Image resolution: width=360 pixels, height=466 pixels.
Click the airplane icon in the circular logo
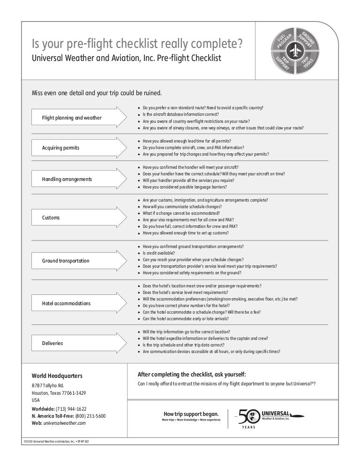294,50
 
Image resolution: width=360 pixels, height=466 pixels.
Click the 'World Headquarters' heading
57,376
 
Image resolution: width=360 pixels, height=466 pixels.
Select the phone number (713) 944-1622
71,409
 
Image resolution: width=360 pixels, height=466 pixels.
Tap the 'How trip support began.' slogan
191,413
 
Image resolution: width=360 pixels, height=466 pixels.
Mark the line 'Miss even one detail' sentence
96,92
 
